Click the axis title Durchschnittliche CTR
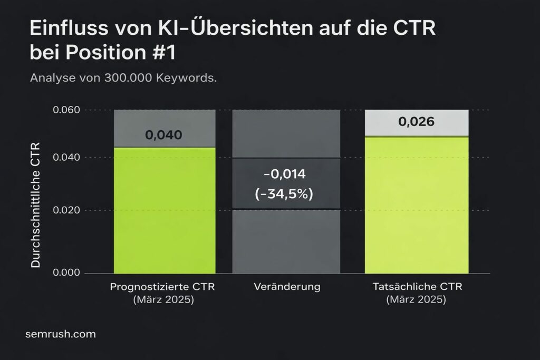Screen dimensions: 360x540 point(36,205)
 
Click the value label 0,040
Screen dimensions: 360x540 point(163,135)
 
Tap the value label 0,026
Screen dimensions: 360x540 point(417,122)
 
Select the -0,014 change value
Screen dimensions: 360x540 point(284,174)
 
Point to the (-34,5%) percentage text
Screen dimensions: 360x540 point(284,194)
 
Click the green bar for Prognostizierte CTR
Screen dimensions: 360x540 point(165,211)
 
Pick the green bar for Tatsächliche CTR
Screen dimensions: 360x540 point(417,206)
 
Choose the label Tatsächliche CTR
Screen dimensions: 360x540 point(416,287)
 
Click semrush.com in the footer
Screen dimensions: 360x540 point(60,334)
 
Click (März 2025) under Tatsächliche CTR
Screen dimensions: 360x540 point(416,300)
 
